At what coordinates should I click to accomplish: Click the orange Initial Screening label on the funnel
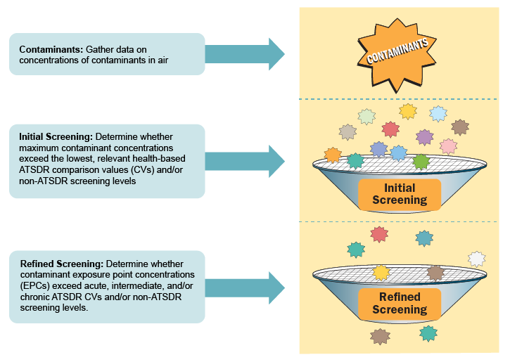[x=400, y=194]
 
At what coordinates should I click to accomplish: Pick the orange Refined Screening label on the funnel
[x=400, y=304]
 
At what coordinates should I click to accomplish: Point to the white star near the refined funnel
[x=476, y=259]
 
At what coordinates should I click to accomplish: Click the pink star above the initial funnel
[x=448, y=146]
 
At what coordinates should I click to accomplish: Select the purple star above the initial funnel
[x=424, y=137]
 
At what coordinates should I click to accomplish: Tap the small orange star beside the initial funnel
[x=333, y=155]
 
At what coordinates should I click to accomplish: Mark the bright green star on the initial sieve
[x=421, y=162]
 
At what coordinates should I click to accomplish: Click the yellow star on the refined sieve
[x=381, y=272]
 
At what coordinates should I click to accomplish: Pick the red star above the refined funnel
[x=379, y=235]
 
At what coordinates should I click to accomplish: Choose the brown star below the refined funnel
[x=380, y=337]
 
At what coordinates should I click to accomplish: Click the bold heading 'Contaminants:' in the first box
[x=49, y=49]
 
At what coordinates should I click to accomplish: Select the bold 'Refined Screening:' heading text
[x=61, y=263]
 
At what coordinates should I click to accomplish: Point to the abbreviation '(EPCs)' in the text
[x=35, y=285]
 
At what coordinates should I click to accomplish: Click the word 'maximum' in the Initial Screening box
[x=41, y=148]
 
